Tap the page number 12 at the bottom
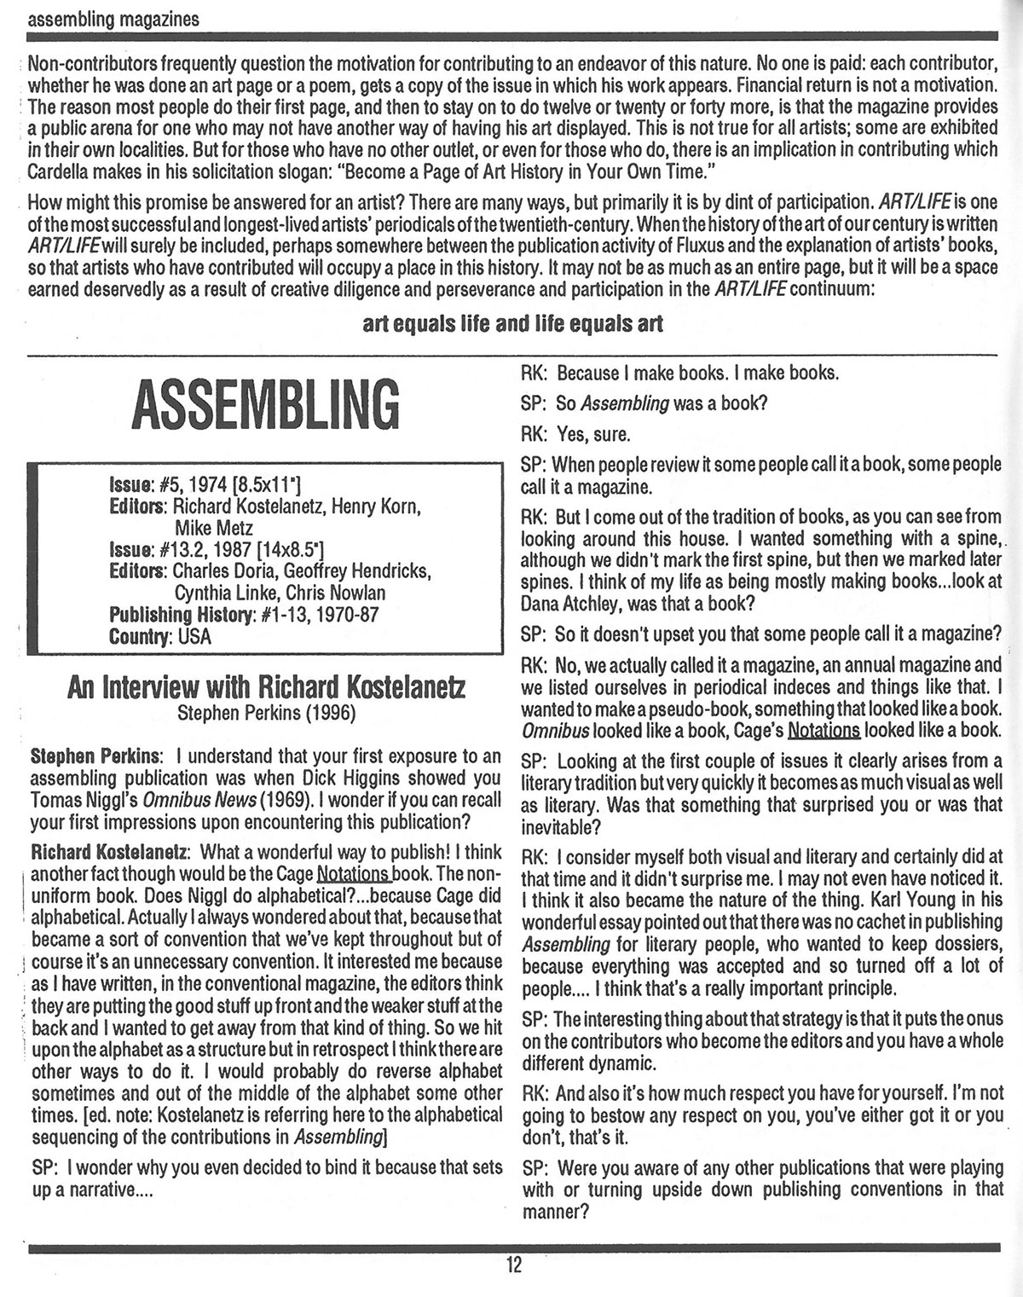tap(512, 1265)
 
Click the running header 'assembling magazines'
tap(114, 18)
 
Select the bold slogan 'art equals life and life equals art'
tap(512, 324)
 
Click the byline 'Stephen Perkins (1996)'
tap(267, 713)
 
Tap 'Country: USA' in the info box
tap(160, 636)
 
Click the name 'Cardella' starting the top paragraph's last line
tap(61, 170)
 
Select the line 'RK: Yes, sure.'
tap(575, 434)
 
